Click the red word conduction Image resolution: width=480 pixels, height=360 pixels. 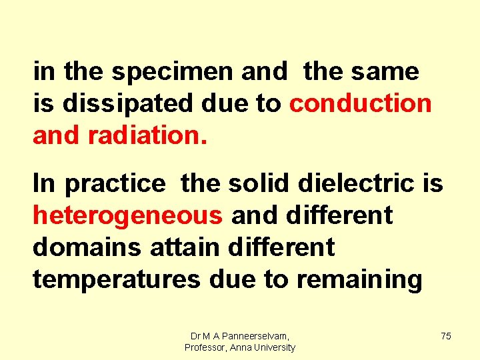point(361,103)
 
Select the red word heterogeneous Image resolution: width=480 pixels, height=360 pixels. point(127,215)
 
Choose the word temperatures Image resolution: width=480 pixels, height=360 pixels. point(117,280)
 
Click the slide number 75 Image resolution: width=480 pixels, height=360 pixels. point(445,336)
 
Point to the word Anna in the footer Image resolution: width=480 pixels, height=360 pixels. point(240,348)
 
